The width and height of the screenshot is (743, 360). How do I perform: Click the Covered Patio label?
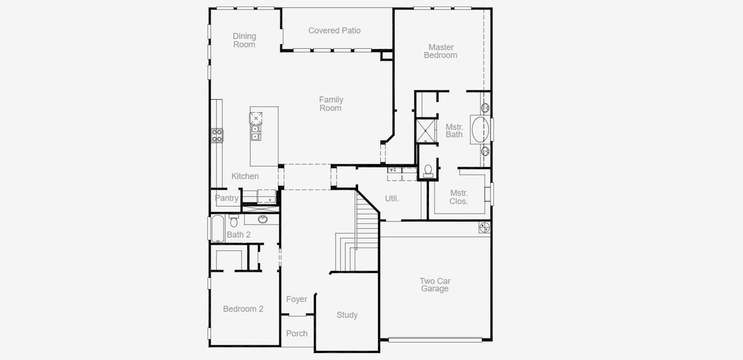pyautogui.click(x=334, y=31)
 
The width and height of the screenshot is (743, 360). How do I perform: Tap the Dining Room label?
pyautogui.click(x=244, y=40)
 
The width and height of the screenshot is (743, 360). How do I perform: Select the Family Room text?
pyautogui.click(x=331, y=104)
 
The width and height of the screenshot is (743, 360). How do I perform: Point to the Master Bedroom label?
pyautogui.click(x=441, y=51)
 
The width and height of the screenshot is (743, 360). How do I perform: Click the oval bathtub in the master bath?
pyautogui.click(x=479, y=129)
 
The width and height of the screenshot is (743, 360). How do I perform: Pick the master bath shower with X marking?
pyautogui.click(x=427, y=130)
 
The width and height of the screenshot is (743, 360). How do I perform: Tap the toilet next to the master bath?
pyautogui.click(x=428, y=170)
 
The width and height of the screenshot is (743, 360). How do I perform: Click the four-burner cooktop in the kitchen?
pyautogui.click(x=217, y=136)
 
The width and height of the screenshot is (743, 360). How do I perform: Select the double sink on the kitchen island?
pyautogui.click(x=255, y=133)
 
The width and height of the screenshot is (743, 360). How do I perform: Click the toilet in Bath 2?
pyautogui.click(x=233, y=221)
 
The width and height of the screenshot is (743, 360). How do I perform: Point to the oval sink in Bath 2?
pyautogui.click(x=263, y=219)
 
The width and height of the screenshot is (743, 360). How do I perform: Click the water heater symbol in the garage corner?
pyautogui.click(x=484, y=227)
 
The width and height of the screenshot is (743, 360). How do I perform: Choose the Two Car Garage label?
pyautogui.click(x=435, y=285)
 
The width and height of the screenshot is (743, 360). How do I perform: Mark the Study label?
pyautogui.click(x=347, y=315)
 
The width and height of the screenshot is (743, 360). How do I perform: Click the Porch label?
pyautogui.click(x=297, y=333)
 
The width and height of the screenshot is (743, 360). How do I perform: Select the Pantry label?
pyautogui.click(x=226, y=198)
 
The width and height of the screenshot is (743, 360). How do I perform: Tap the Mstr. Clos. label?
pyautogui.click(x=459, y=197)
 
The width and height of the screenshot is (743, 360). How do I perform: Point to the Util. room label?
pyautogui.click(x=392, y=199)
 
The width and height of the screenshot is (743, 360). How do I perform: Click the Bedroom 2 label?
pyautogui.click(x=243, y=309)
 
